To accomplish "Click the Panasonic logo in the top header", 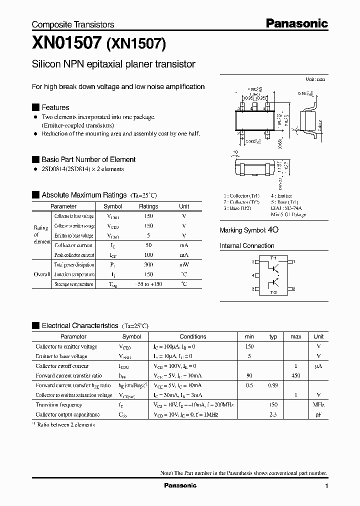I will point(296,23).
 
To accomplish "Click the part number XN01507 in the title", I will point(67,44).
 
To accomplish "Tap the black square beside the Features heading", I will point(35,107).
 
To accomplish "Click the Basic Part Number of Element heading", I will point(88,159).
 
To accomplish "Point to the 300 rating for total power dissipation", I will point(148,265).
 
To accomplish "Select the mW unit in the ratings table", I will point(184,265).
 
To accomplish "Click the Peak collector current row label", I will point(73,255).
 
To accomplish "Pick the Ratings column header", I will point(148,206).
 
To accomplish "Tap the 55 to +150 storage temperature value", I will point(148,284).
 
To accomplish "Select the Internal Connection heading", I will point(247,246).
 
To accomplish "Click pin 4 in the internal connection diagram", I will point(253,275).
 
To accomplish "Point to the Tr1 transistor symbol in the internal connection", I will point(273,266).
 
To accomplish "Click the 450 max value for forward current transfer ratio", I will point(295,375).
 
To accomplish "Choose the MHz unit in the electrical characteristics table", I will point(318,404).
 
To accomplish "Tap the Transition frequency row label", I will point(58,404).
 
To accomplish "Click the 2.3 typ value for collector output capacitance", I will point(272,414).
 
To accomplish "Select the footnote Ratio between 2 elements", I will point(65,424).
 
